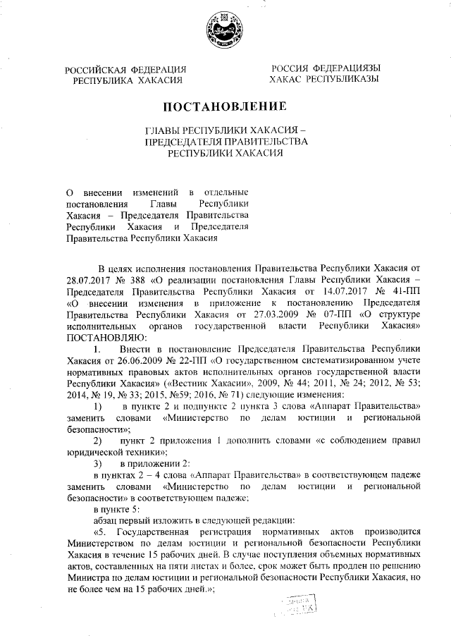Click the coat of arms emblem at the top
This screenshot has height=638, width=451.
(224, 31)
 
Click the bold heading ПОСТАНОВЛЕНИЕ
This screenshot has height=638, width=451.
(225, 108)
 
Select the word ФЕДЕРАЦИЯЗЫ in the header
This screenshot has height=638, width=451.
(345, 69)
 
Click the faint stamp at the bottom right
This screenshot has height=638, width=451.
(299, 605)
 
